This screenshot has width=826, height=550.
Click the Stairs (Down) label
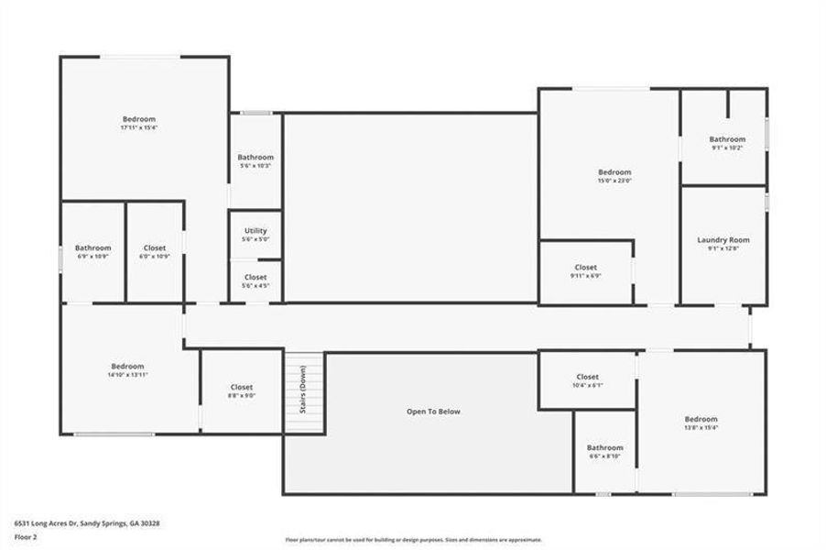pyautogui.click(x=303, y=390)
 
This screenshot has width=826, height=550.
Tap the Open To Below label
pyautogui.click(x=433, y=412)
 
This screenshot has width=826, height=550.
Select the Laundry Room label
pyautogui.click(x=723, y=240)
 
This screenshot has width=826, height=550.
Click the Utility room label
pyautogui.click(x=255, y=230)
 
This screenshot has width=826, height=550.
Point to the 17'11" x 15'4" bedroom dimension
pyautogui.click(x=139, y=128)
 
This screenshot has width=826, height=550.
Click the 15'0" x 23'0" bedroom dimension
pyautogui.click(x=614, y=181)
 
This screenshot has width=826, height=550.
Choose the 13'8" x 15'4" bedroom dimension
pyautogui.click(x=701, y=428)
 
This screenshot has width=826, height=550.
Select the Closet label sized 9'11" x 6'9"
pyautogui.click(x=585, y=268)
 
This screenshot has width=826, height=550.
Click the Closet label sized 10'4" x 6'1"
pyautogui.click(x=587, y=377)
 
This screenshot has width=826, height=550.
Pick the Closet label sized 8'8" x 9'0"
pyautogui.click(x=242, y=387)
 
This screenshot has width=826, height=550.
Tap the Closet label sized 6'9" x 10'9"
pyautogui.click(x=155, y=247)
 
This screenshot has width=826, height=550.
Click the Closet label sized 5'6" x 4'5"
pyautogui.click(x=255, y=277)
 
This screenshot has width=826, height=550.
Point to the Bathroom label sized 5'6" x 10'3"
pyautogui.click(x=255, y=157)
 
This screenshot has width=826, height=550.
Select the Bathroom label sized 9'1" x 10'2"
pyautogui.click(x=727, y=139)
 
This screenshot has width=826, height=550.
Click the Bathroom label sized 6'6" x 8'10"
pyautogui.click(x=604, y=447)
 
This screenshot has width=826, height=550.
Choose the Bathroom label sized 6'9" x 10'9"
pyautogui.click(x=92, y=247)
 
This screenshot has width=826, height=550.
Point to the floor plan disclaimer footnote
pyautogui.click(x=413, y=540)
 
